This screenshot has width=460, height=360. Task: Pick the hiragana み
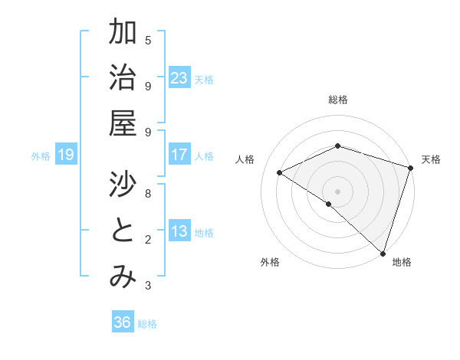123,277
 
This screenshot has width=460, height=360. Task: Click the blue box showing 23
179,78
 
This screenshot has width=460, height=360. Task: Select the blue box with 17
179,155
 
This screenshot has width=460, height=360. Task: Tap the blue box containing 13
179,232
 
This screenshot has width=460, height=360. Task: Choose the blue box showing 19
65,155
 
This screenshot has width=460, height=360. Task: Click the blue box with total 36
123,322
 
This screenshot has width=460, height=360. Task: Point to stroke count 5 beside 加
148,40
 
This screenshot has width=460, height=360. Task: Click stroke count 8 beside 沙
148,194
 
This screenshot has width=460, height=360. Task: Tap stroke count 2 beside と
148,240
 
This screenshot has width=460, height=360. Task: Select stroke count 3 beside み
148,286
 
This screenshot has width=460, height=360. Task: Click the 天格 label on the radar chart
431,159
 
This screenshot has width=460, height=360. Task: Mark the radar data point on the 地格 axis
383,254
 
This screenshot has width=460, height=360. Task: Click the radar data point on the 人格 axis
280,173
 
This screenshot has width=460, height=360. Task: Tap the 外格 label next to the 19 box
41,156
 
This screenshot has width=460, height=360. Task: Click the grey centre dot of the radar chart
337,191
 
